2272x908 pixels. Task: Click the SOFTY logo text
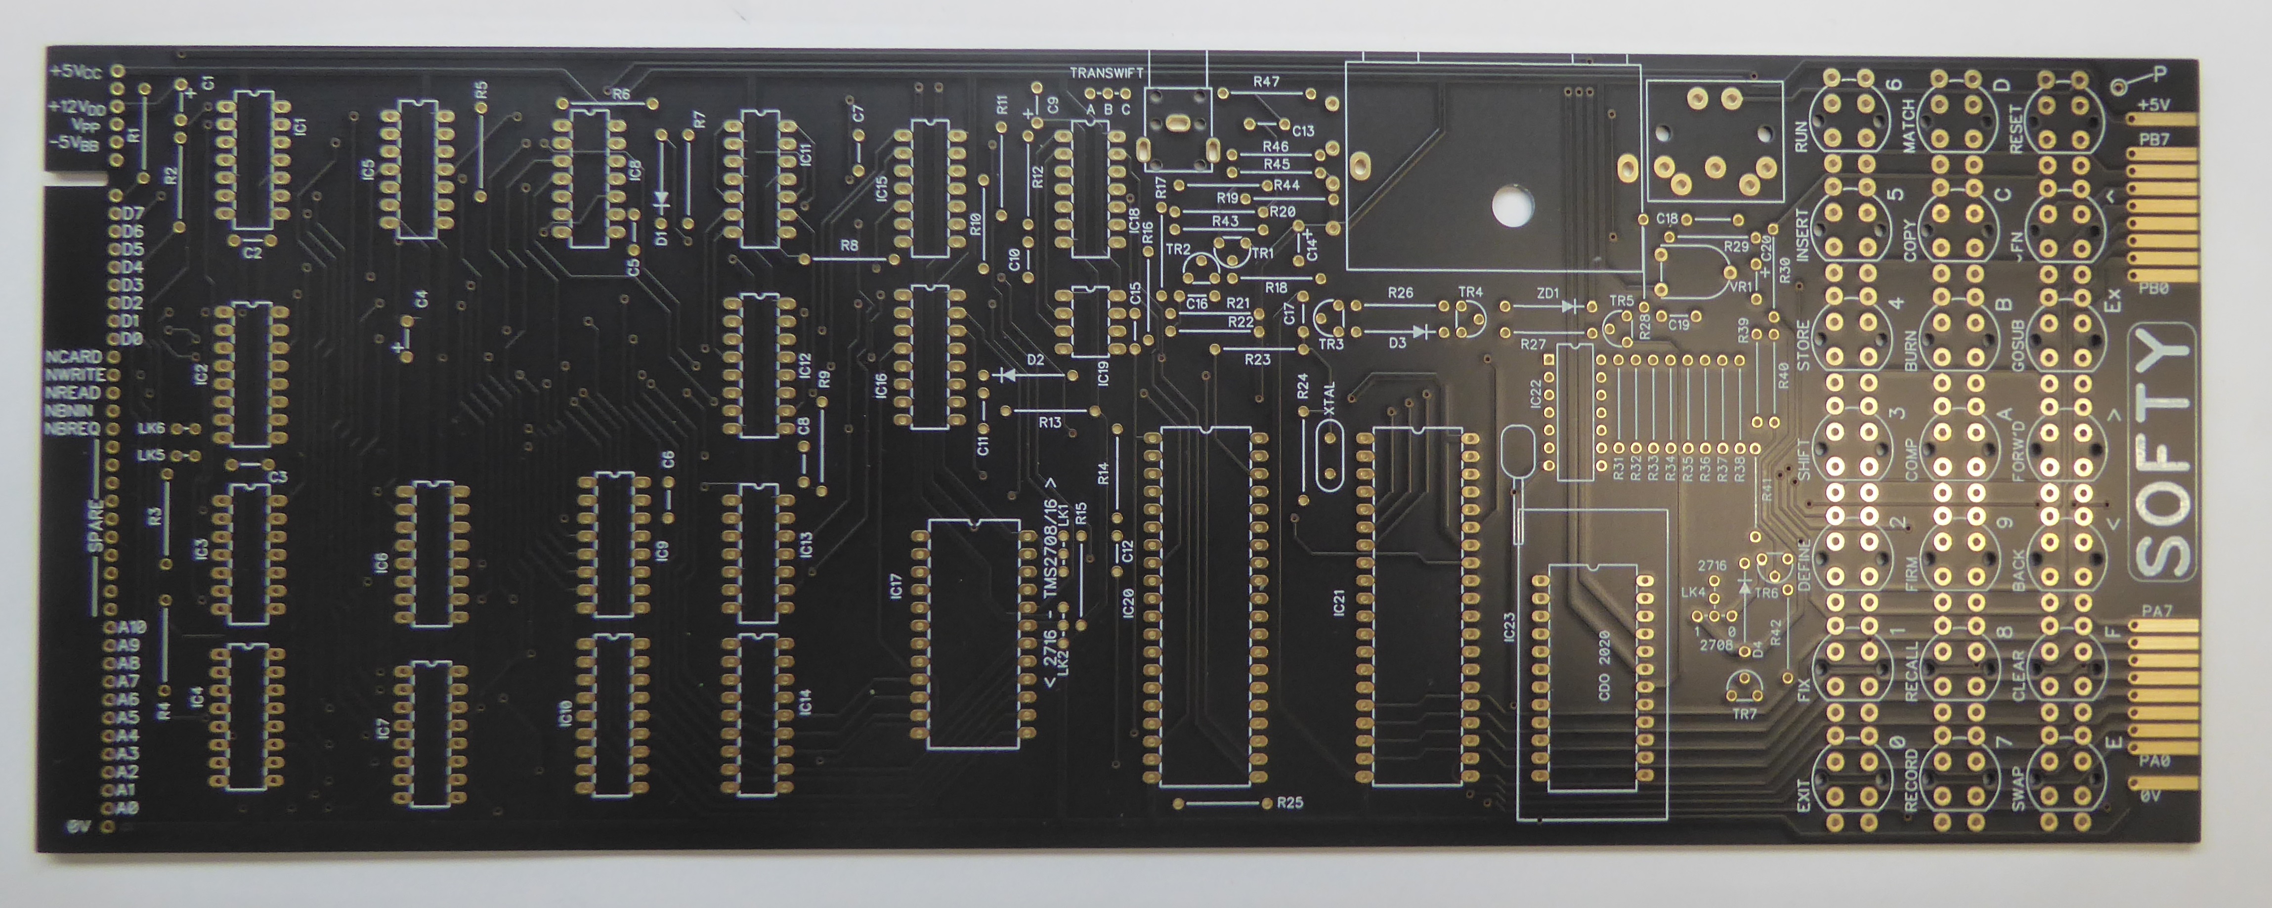pyautogui.click(x=2163, y=454)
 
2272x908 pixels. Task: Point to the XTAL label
pyautogui.click(x=1329, y=399)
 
